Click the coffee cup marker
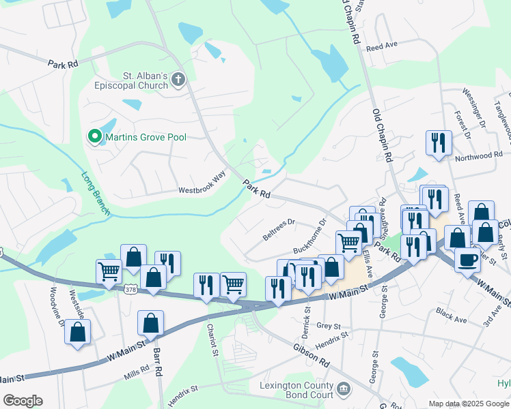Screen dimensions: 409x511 [x=467, y=260]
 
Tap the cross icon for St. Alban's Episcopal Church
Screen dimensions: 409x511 [x=178, y=80]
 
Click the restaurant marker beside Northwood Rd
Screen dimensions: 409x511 [x=438, y=143]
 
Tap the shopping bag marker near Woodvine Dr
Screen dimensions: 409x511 [x=77, y=332]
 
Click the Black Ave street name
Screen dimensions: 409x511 [x=451, y=314]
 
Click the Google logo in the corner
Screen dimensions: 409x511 [x=23, y=401]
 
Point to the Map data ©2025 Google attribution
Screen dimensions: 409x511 [x=468, y=404]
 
